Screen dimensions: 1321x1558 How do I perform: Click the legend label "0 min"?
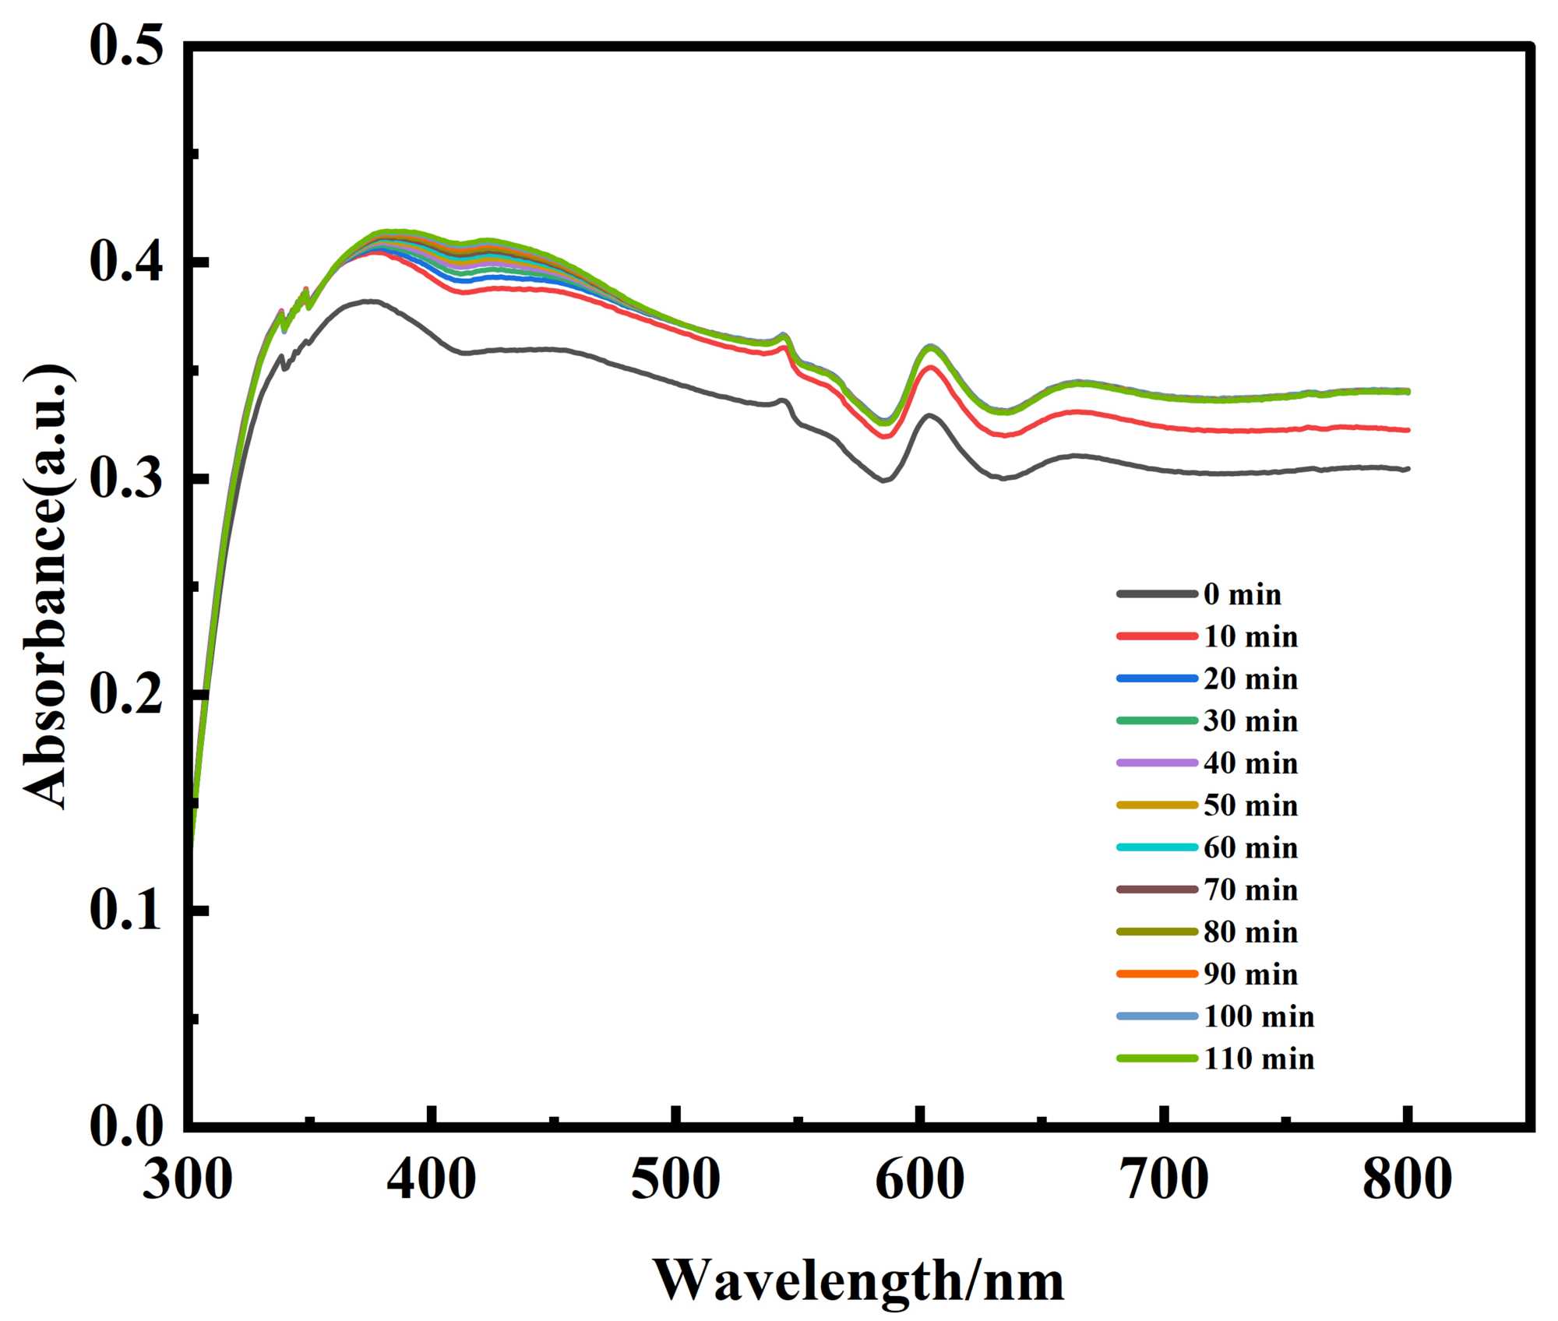1242,594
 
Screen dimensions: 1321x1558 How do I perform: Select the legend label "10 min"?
1250,636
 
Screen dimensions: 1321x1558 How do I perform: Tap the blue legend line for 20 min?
1157,678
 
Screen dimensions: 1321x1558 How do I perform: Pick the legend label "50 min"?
1250,805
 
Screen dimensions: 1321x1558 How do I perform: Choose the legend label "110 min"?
1259,1059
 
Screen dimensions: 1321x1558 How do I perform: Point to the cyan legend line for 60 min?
1157,847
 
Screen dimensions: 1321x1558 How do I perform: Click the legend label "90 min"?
1250,974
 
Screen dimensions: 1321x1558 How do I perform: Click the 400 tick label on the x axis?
431,1179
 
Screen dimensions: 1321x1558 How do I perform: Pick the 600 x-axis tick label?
919,1179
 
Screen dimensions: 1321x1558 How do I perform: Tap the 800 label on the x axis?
1407,1179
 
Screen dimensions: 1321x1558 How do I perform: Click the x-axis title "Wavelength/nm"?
858,1280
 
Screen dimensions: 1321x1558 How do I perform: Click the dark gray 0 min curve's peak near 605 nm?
929,415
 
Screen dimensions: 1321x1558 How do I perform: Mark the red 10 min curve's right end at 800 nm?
1408,430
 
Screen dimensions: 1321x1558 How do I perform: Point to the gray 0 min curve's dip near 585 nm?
883,481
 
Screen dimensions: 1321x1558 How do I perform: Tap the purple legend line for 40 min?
1157,763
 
